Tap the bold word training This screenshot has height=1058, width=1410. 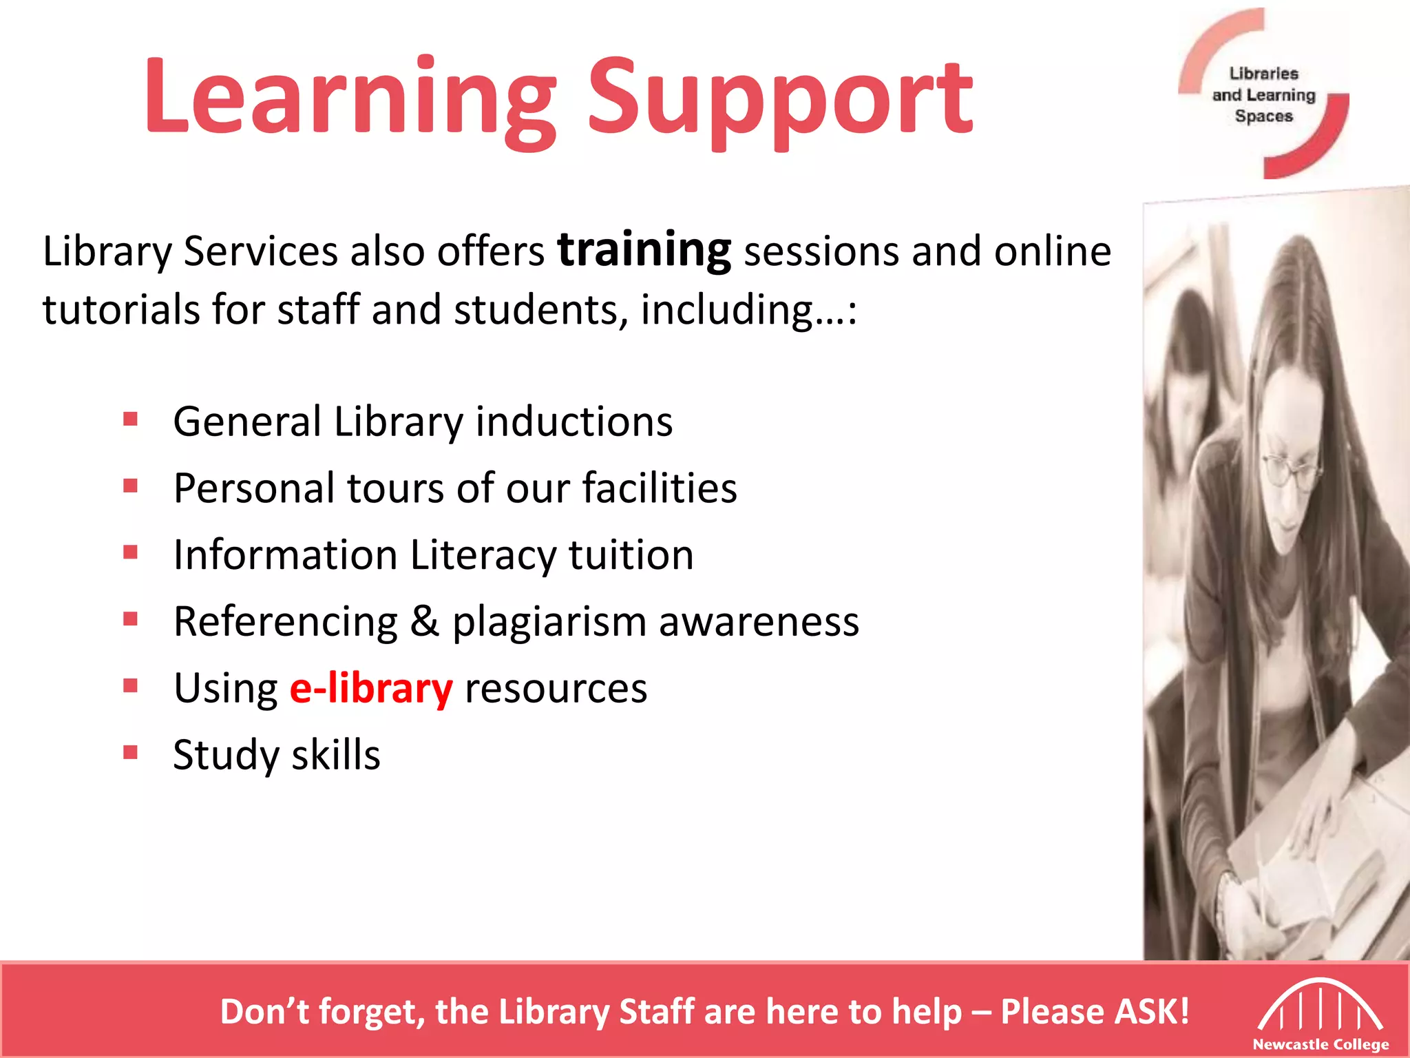644,251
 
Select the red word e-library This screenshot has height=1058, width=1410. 371,688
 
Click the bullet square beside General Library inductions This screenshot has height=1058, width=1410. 130,419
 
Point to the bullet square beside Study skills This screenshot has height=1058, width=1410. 130,751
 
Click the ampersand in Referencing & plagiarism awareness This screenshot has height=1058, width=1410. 425,621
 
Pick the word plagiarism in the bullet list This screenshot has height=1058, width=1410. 549,623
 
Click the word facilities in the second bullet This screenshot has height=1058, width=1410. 660,488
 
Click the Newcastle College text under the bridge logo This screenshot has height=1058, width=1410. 1320,1044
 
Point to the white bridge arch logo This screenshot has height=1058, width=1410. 1320,1006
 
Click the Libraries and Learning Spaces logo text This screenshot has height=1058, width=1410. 1264,94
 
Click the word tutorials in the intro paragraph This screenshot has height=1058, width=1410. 121,309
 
